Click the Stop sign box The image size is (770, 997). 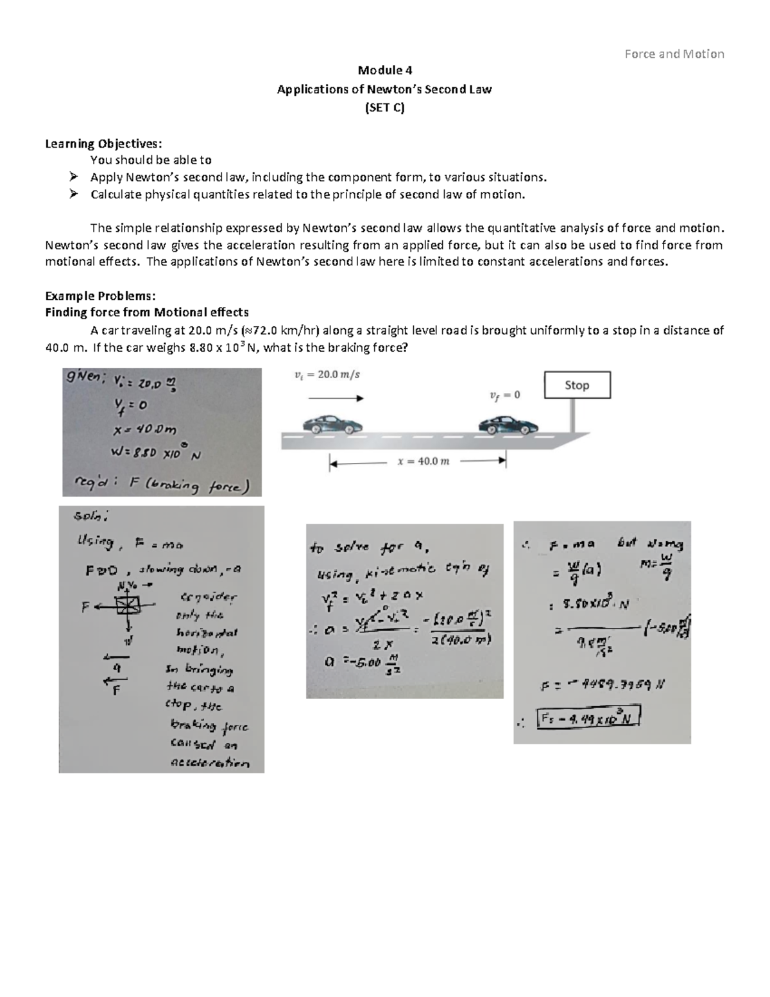pyautogui.click(x=577, y=385)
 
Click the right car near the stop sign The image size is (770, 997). pyautogui.click(x=508, y=424)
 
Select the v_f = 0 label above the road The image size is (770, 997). pyautogui.click(x=505, y=395)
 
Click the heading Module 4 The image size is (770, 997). pyautogui.click(x=384, y=71)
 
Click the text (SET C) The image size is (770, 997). pyautogui.click(x=384, y=108)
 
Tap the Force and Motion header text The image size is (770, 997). pyautogui.click(x=674, y=54)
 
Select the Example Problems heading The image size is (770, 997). pyautogui.click(x=99, y=295)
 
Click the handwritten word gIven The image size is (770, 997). pyautogui.click(x=83, y=379)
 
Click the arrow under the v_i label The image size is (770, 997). pyautogui.click(x=336, y=398)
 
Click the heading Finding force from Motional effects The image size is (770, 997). pyautogui.click(x=146, y=313)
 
